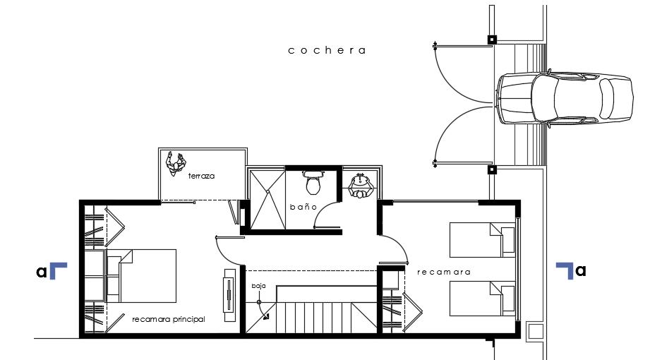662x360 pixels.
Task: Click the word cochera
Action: tap(327, 50)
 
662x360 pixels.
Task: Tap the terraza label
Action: tap(201, 176)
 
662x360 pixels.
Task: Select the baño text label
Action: tap(303, 207)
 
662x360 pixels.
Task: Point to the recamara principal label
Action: tap(169, 319)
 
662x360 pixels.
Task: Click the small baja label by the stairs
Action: tap(258, 286)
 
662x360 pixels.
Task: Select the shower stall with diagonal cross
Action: tap(265, 199)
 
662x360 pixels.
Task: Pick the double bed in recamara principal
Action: tap(141, 275)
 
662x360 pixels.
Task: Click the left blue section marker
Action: tap(57, 271)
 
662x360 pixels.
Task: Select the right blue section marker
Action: tap(565, 270)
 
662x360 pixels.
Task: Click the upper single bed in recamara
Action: tap(483, 241)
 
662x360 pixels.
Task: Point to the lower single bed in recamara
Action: tap(483, 299)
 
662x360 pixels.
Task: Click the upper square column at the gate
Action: tap(493, 40)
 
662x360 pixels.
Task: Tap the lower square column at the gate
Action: tap(493, 169)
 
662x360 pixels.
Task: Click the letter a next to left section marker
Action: tap(42, 271)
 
